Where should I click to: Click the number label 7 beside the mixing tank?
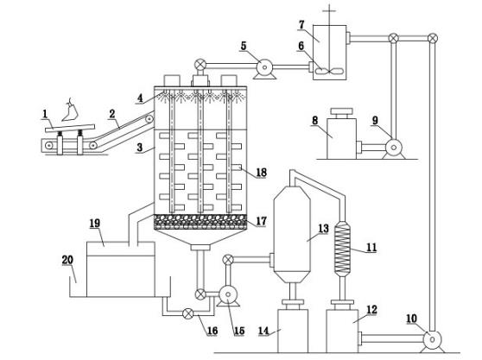point(301,24)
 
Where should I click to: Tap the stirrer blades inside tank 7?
point(329,71)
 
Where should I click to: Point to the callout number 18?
point(261,173)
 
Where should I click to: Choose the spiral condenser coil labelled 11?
point(342,249)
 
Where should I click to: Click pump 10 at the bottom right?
point(432,340)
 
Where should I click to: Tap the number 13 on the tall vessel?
point(323,228)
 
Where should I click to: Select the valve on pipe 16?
point(187,313)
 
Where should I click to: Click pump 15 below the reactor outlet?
point(228,295)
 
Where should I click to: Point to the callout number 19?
point(95,224)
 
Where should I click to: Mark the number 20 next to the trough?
point(67,260)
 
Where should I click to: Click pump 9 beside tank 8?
point(394,148)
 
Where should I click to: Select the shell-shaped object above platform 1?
point(70,110)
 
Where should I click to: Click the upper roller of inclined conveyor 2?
point(149,119)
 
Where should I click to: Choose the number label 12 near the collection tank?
point(371,310)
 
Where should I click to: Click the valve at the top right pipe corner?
point(433,38)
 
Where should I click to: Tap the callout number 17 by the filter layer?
point(261,221)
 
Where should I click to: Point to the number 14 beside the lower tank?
point(263,332)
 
